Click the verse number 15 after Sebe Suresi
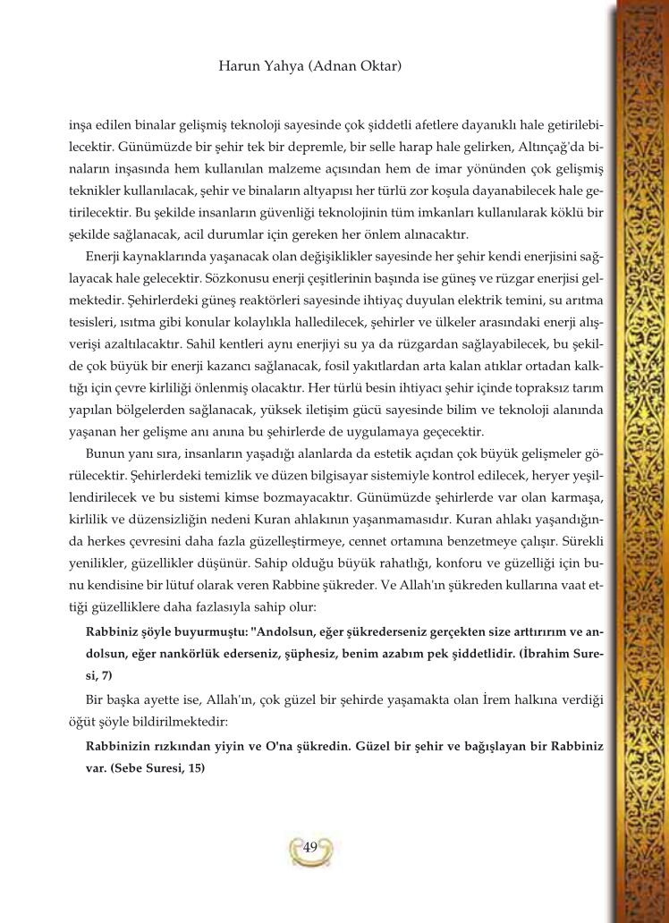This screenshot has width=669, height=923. click(x=195, y=767)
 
